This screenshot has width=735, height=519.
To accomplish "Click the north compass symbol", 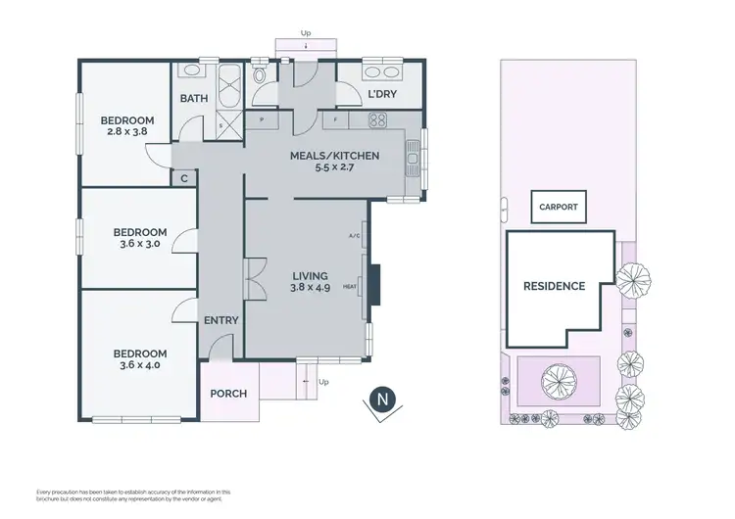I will (383, 401).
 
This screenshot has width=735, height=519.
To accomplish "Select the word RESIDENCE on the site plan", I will (554, 286).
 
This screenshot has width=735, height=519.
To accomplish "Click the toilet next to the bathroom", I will (259, 76).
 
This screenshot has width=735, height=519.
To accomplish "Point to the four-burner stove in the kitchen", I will (377, 120).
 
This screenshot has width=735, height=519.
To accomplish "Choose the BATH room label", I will (192, 98).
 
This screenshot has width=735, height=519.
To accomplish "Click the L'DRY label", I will (381, 95).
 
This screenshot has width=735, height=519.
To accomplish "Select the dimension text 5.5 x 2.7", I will (334, 168).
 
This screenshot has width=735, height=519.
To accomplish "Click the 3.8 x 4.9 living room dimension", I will (309, 288).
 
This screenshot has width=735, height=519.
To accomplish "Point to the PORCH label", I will (229, 394).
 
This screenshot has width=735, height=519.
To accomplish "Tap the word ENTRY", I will (220, 320).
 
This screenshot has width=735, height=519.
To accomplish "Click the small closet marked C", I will (184, 178).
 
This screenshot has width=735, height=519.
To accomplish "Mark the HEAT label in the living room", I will (351, 287).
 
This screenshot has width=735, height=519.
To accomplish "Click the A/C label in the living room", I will (354, 236).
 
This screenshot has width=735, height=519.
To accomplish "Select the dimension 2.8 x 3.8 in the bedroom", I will (126, 136).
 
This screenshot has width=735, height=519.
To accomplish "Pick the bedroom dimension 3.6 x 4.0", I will (139, 365).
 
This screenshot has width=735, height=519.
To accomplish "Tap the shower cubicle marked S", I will (221, 125).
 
